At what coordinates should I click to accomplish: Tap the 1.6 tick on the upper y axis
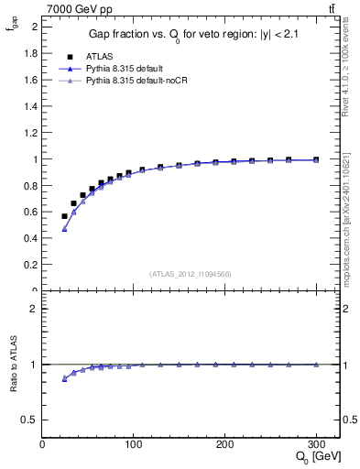tap(31, 80)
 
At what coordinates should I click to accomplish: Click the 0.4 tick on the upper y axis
tap(31, 238)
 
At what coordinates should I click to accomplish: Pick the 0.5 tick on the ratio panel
tap(31, 420)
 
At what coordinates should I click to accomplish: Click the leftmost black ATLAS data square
tap(64, 216)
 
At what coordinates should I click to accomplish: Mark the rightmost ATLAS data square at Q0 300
tap(315, 159)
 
